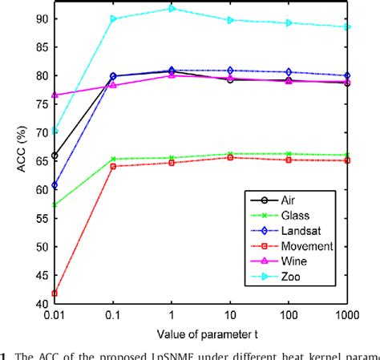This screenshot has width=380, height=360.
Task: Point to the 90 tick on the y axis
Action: (37, 18)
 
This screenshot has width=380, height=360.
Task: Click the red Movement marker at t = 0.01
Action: (55, 293)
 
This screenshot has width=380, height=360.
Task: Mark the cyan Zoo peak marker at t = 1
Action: (172, 9)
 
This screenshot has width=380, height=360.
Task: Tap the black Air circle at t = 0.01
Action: (55, 156)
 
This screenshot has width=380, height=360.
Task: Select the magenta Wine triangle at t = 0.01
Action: (55, 95)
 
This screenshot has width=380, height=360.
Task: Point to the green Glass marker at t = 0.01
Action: (55, 205)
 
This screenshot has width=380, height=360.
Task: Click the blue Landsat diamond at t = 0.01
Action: (55, 185)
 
